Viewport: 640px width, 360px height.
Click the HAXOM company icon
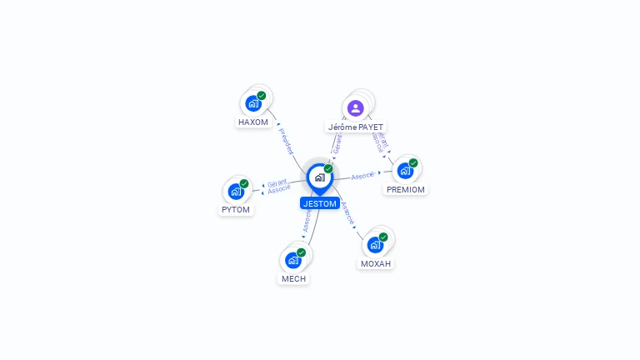253,103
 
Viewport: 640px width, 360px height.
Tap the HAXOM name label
253,122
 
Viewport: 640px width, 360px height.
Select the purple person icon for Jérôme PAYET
356,107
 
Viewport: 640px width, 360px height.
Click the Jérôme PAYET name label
356,127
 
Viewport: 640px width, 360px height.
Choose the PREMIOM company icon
405,171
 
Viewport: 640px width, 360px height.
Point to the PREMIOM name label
406,189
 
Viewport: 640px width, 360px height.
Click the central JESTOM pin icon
319,177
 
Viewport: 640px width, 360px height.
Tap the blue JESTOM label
320,203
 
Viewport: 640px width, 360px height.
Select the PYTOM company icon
236,192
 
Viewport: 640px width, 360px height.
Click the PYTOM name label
236,210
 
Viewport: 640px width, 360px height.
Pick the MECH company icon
293,260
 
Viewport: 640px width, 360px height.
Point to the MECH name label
293,279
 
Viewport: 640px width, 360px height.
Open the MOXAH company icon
375,245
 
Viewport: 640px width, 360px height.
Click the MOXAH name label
375,263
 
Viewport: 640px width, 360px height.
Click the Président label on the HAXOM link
286,141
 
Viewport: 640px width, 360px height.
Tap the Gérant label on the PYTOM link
277,182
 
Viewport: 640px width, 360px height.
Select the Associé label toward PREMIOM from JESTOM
362,176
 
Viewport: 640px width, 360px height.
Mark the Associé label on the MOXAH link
348,213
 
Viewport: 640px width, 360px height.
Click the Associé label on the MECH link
307,219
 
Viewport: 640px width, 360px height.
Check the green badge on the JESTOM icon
328,168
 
